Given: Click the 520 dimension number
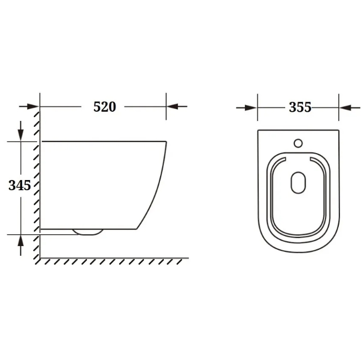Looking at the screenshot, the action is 105,107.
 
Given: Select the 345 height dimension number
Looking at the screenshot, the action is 20,185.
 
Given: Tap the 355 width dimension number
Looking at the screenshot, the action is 300,107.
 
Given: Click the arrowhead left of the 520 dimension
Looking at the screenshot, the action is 33,106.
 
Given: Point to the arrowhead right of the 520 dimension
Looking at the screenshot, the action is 172,106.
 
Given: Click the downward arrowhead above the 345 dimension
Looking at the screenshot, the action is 21,135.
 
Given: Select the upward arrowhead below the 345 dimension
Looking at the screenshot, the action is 21,240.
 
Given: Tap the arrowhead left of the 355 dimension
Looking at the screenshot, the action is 251,107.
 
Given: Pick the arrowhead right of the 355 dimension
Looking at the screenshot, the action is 345,107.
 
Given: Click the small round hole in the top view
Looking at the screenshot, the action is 298,143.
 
